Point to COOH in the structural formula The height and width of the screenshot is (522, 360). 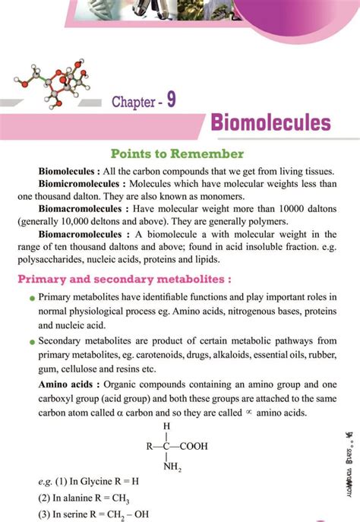tap(193, 446)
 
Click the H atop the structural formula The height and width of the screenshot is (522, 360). tap(166, 426)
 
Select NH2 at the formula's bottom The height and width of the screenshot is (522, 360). tap(172, 466)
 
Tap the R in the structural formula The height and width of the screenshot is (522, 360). tap(150, 446)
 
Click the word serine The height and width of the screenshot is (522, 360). tap(77, 514)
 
